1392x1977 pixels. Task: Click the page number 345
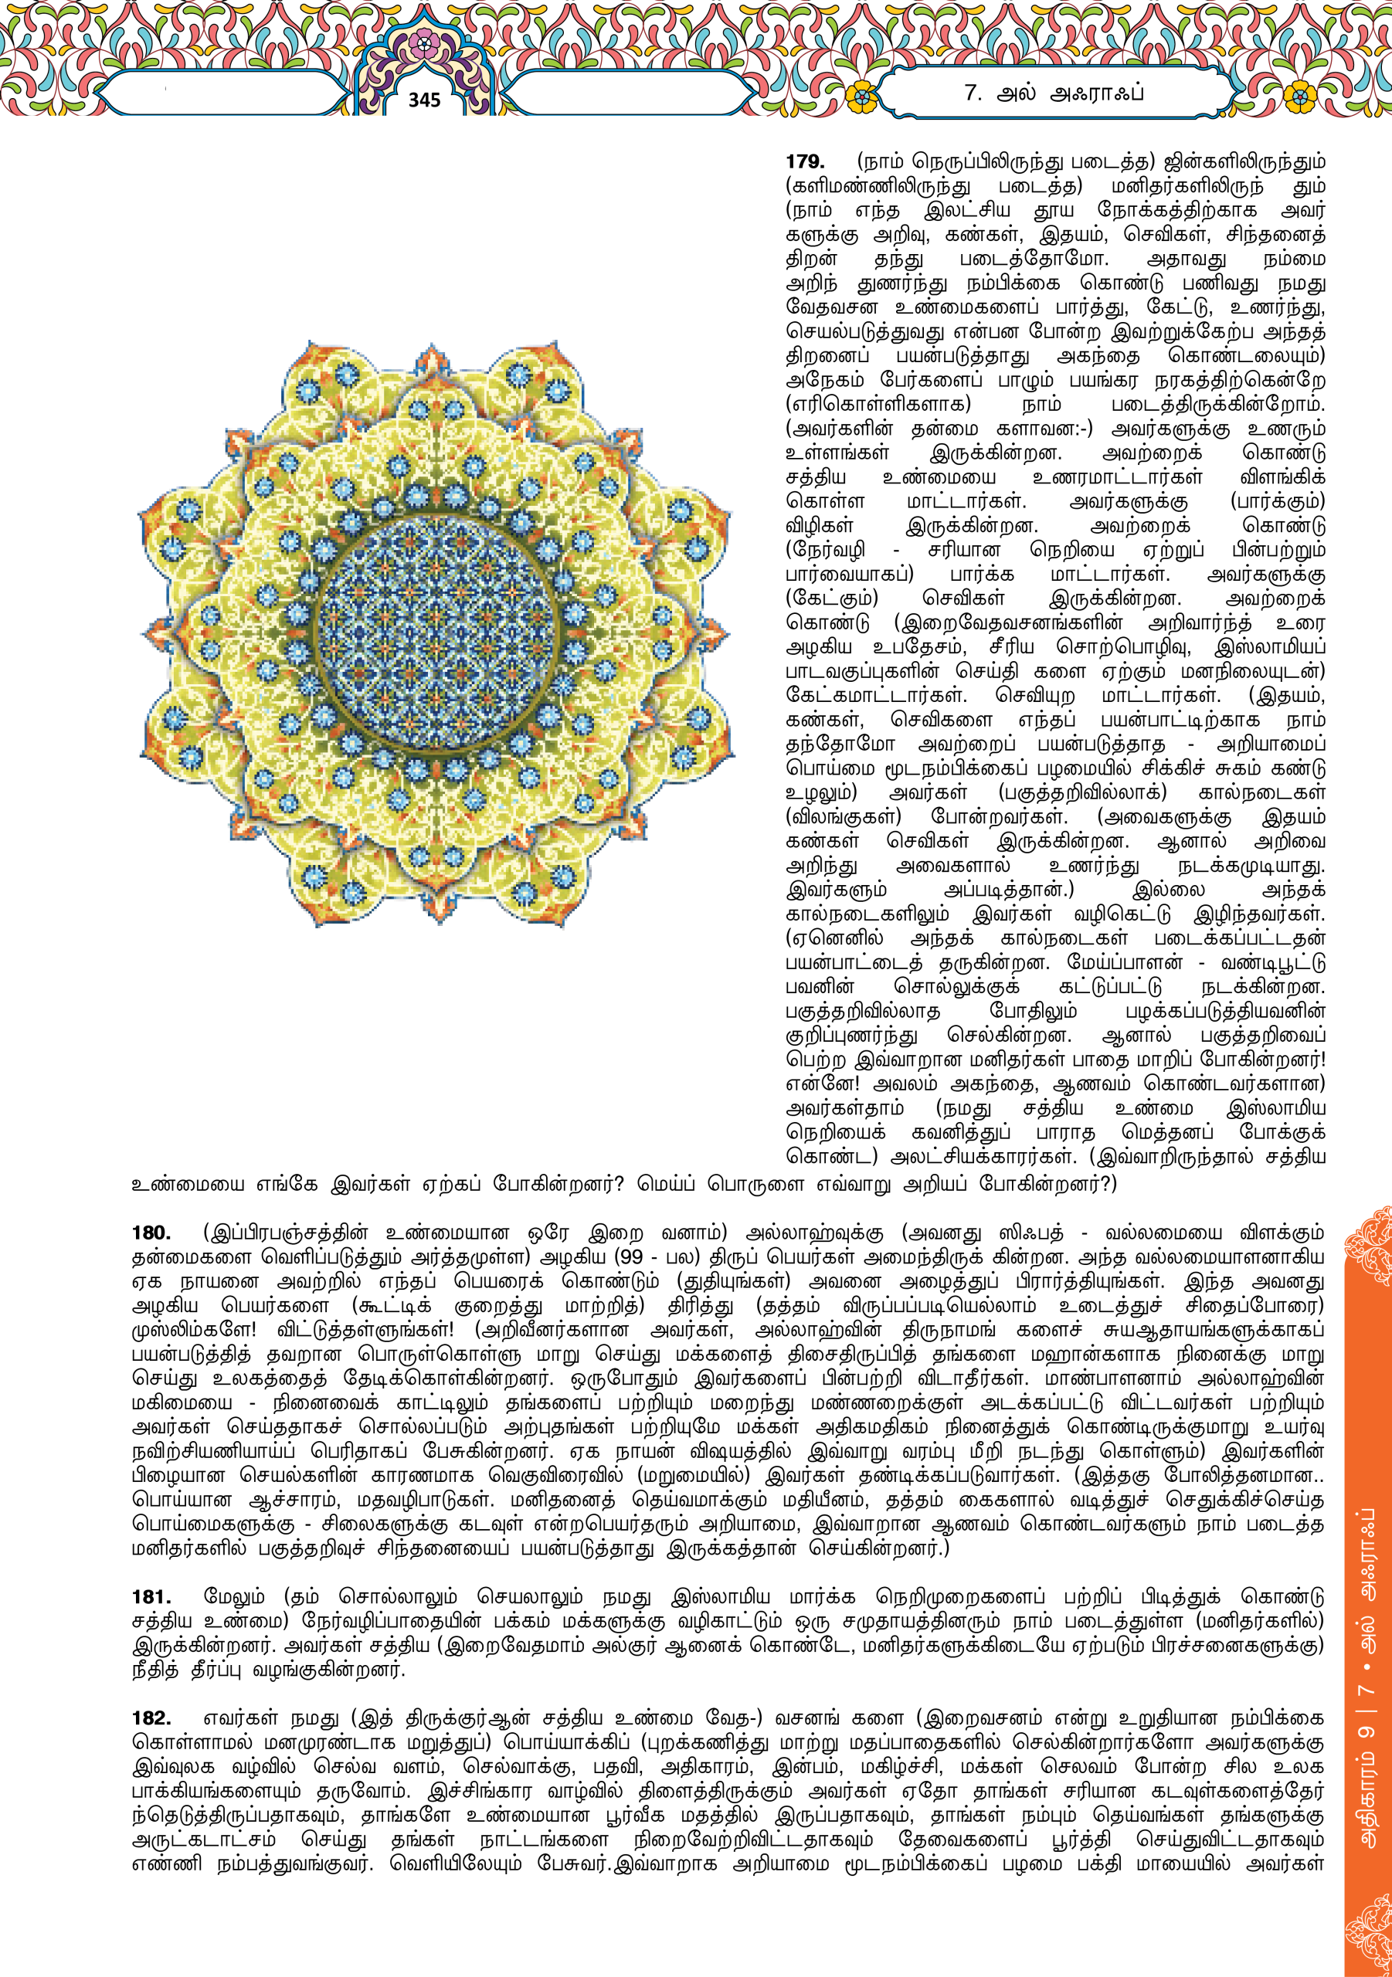point(424,100)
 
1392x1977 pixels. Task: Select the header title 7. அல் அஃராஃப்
point(1054,93)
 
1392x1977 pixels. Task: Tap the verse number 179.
point(805,162)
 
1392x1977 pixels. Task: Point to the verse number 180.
point(151,1233)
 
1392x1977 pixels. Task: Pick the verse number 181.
point(151,1597)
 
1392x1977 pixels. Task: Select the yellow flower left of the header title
point(859,94)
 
